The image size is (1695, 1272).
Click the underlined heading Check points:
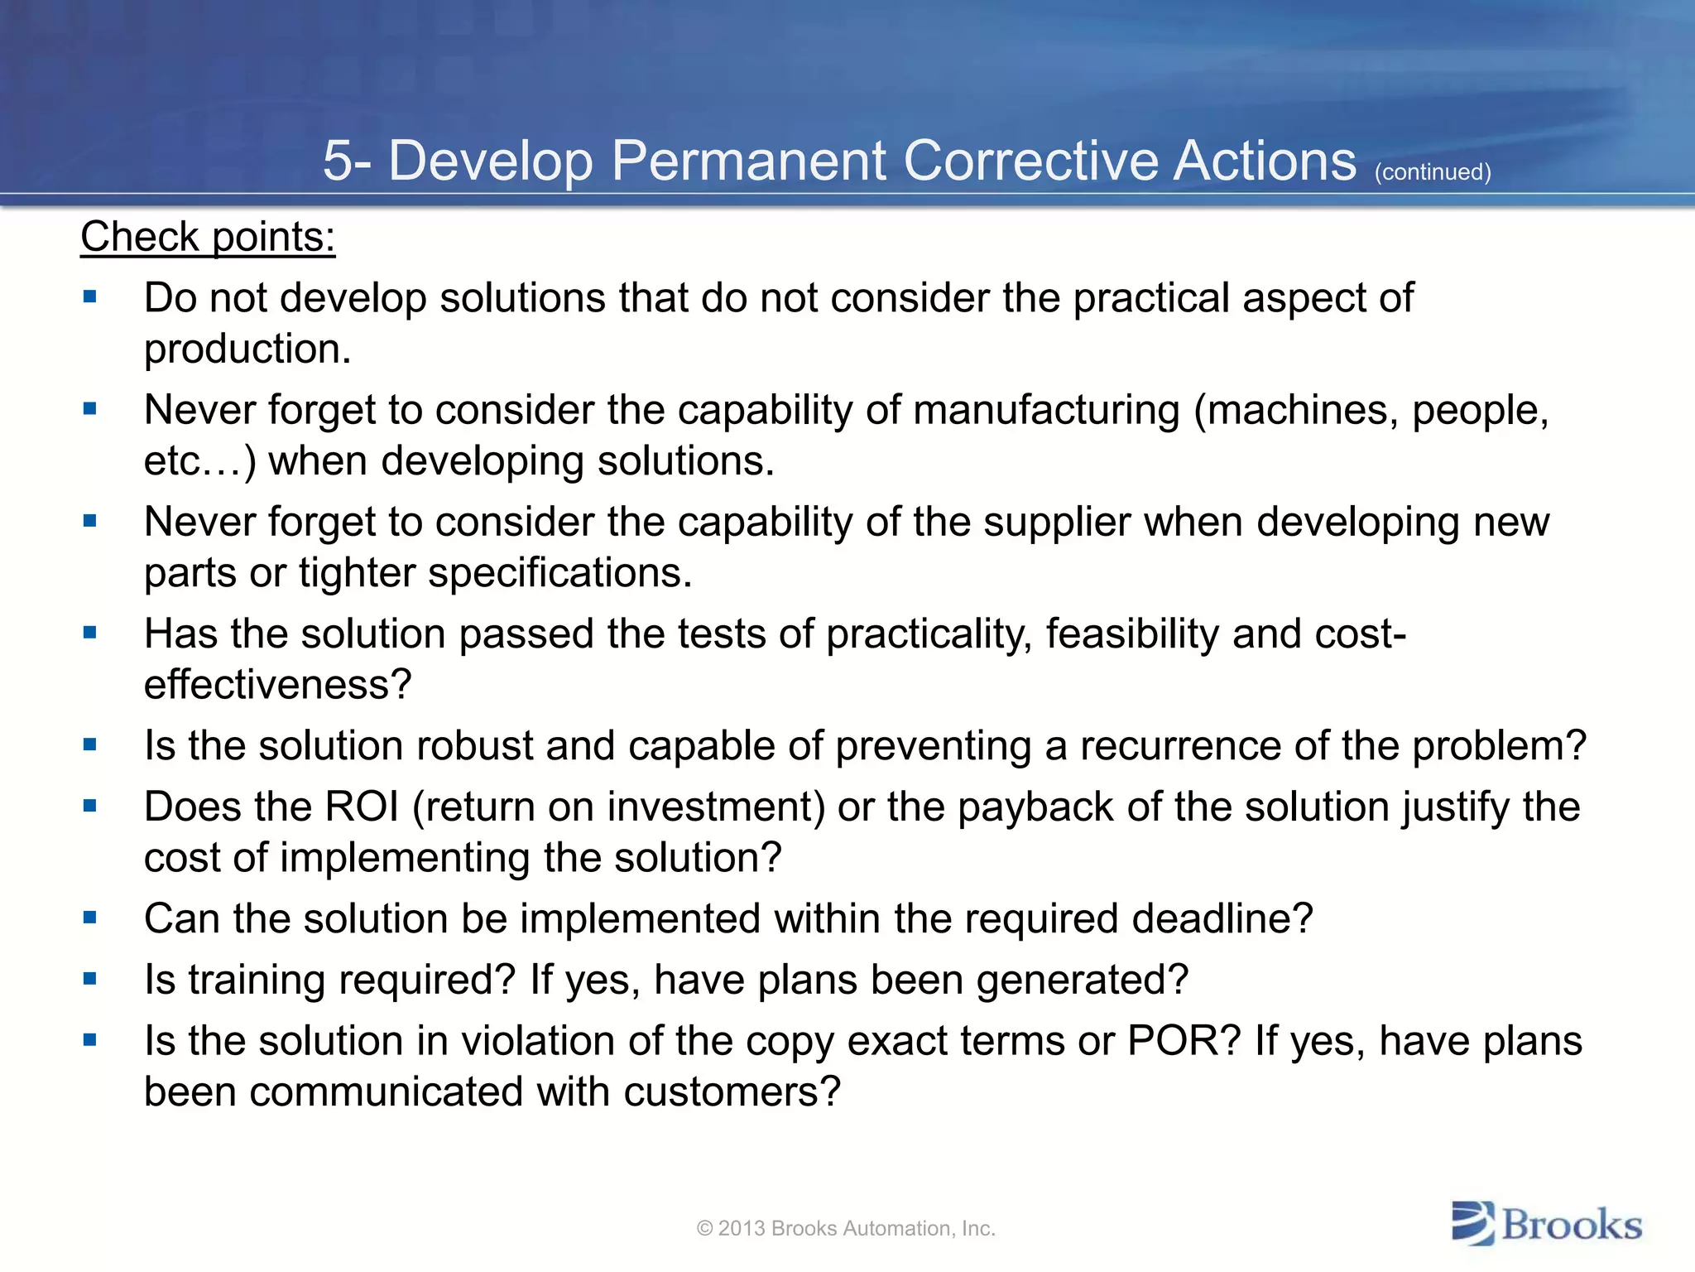point(208,238)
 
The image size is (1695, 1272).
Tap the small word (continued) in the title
point(1432,172)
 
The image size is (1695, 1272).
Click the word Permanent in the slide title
point(748,161)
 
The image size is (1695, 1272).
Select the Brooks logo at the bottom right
point(1546,1224)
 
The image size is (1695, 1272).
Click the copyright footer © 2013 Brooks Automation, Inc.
point(846,1228)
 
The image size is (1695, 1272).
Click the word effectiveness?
point(277,685)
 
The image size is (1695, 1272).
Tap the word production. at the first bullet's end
point(247,349)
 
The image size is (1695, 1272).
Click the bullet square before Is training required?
point(90,979)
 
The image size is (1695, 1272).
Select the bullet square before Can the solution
point(90,918)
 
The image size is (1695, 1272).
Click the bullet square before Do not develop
point(90,296)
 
